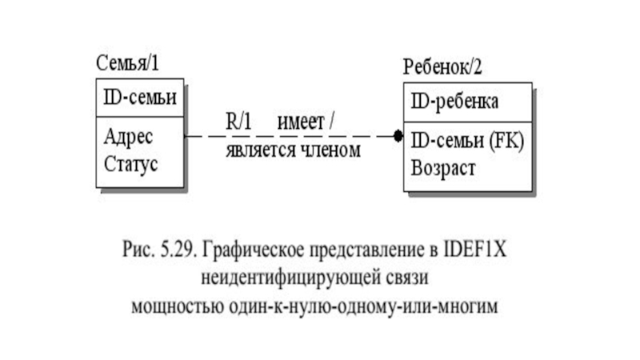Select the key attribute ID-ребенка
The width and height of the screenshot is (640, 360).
(x=455, y=102)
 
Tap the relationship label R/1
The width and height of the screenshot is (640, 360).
(x=238, y=122)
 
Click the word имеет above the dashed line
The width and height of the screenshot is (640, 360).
(x=301, y=122)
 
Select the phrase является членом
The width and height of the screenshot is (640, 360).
(x=293, y=150)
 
